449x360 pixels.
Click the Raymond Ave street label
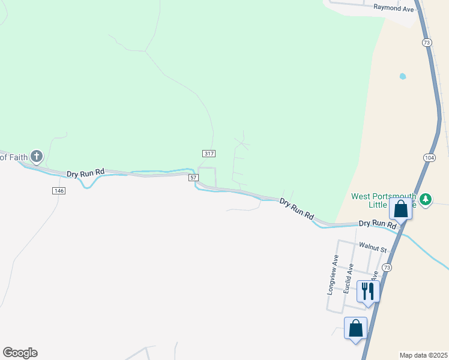394,8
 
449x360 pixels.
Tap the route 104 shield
429,157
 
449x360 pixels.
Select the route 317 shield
208,154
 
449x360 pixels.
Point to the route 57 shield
193,178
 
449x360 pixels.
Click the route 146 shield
58,190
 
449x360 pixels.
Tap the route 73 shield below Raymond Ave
427,43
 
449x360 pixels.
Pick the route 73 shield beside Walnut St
387,267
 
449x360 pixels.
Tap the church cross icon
37,157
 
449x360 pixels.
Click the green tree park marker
426,199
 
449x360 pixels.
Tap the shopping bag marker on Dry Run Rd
400,209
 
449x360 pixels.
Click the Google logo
20,353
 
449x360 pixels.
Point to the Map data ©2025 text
423,355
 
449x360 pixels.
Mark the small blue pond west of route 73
402,77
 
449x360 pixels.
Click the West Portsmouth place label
384,196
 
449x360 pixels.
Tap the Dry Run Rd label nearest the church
85,173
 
